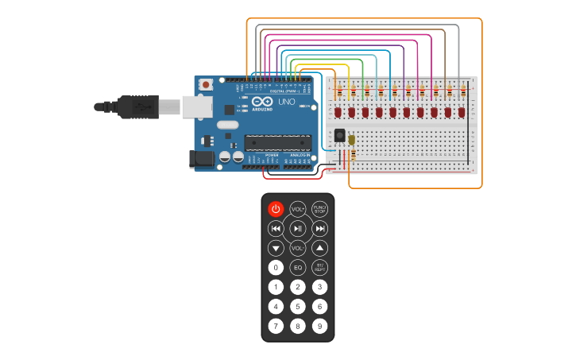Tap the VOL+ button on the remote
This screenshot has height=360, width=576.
[298, 209]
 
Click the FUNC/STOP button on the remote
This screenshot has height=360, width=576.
[319, 209]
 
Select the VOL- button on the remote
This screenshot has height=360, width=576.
[298, 248]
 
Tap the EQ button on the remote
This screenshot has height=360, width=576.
[298, 268]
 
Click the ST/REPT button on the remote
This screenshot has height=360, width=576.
[319, 268]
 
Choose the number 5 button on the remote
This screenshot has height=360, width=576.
[298, 306]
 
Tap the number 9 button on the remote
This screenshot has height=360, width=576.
[319, 326]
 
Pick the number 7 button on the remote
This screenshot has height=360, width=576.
[276, 326]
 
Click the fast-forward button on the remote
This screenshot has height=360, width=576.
[319, 229]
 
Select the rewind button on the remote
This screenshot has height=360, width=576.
[276, 229]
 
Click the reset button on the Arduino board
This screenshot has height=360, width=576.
[206, 83]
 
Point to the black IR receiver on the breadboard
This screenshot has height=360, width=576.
[340, 136]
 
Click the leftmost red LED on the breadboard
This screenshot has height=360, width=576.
[338, 112]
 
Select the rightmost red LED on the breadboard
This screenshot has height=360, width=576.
[462, 112]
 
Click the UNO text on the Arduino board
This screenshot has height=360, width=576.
[286, 103]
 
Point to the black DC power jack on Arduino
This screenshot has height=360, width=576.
[203, 159]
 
